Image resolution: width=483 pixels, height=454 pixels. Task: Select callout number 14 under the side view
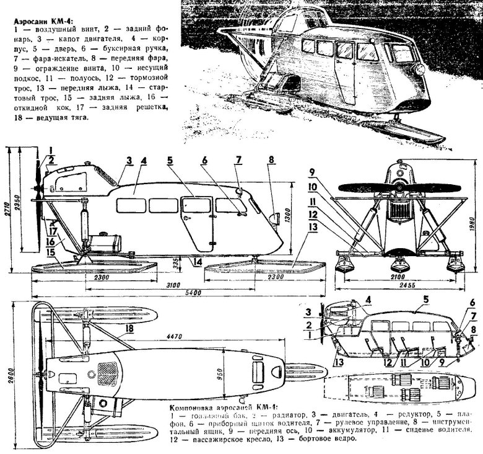[x=198, y=262]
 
